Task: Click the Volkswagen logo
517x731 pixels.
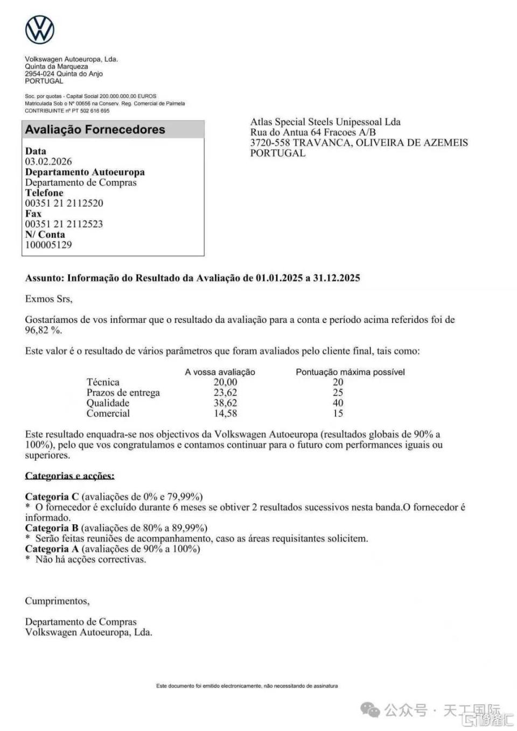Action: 40,30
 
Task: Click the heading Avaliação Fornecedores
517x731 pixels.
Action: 95,130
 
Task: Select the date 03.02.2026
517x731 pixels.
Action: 48,161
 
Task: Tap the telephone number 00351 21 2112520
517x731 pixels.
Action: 64,203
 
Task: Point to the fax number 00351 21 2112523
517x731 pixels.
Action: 64,224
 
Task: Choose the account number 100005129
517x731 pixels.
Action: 48,245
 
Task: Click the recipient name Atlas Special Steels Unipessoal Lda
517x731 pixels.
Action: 325,122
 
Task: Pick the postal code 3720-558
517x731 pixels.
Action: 270,143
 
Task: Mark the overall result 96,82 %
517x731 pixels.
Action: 44,330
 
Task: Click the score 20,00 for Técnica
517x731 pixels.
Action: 225,382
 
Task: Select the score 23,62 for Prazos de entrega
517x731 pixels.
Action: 225,392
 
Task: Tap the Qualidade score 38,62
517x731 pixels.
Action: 225,403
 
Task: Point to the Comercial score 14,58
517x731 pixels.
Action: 225,413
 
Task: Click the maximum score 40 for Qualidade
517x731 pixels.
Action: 338,403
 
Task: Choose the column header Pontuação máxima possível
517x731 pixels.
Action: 350,372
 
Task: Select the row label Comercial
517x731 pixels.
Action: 108,413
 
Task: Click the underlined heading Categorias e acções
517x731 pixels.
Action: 70,476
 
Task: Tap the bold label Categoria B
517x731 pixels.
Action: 52,528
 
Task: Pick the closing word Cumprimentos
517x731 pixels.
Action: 57,601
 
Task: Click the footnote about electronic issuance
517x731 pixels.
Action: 247,686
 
